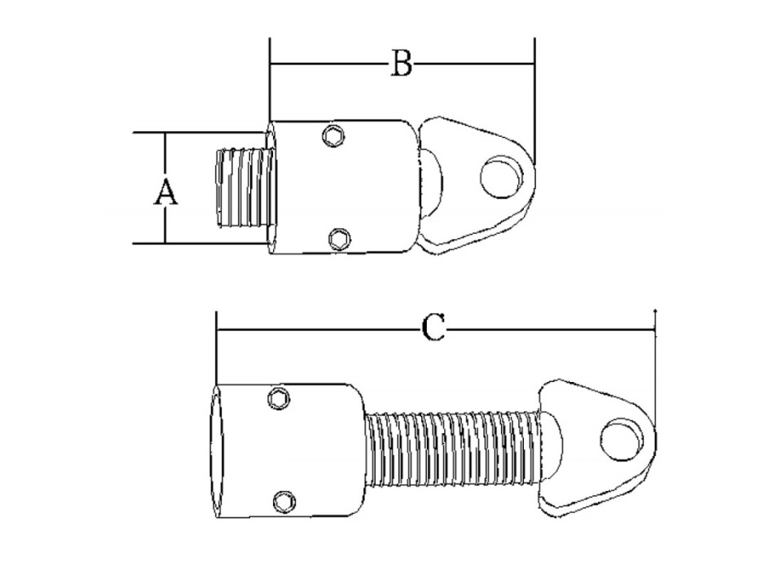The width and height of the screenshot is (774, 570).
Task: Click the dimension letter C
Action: coord(434,328)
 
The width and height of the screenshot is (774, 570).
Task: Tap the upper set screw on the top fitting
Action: coord(332,137)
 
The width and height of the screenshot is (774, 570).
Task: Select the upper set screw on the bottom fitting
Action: coord(279,397)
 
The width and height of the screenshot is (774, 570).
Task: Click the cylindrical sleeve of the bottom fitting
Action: coord(318,452)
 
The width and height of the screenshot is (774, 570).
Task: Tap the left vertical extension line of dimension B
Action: coord(269,90)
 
